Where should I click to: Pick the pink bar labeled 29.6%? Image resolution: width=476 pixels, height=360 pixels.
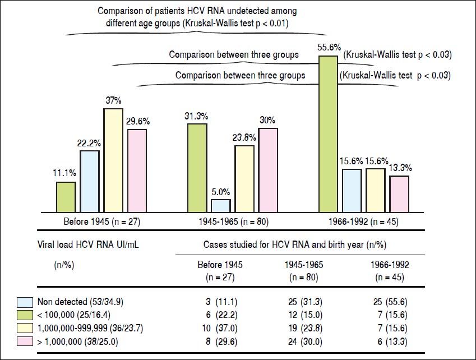[x=137, y=170]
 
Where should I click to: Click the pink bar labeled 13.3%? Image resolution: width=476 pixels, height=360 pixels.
[x=399, y=194]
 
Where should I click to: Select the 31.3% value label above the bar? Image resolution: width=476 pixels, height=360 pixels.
[x=196, y=116]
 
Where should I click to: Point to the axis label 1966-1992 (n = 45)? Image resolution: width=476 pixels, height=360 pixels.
[x=363, y=222]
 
